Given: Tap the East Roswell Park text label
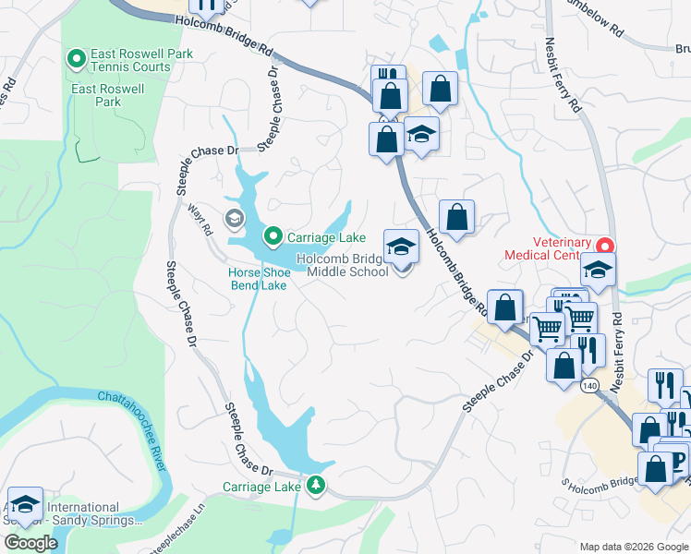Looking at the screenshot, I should point(109,95).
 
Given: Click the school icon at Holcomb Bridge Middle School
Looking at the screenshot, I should point(401,247).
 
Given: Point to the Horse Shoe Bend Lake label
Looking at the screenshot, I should point(259,279).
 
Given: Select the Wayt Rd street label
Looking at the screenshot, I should point(200,219).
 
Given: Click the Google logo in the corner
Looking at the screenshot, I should point(31,543).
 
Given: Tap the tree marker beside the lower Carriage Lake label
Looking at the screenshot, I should point(316,486).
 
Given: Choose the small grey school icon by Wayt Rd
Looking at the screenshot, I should point(235,218).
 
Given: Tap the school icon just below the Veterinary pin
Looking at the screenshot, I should point(598,270).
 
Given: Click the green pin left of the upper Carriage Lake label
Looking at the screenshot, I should point(273,237).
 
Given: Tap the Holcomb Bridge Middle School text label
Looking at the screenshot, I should point(343,266).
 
